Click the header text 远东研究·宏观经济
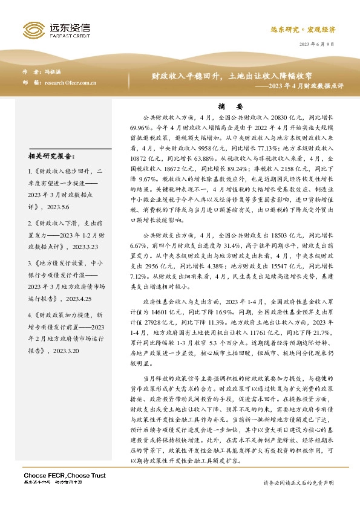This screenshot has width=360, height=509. [x=311, y=29]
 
